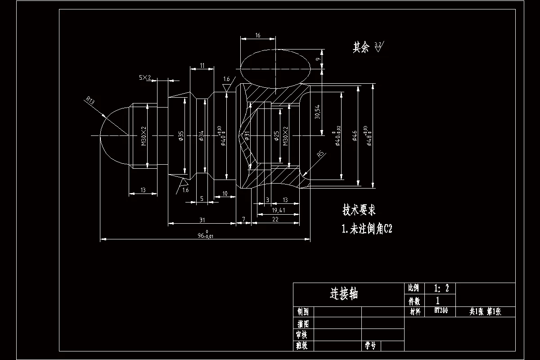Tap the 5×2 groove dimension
(145, 78)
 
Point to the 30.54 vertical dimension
(317, 111)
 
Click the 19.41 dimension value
(278, 210)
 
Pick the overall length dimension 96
(205, 235)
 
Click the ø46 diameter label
(355, 135)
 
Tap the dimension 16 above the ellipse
(257, 35)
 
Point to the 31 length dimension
(202, 220)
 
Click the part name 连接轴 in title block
(344, 294)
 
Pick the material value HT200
(441, 310)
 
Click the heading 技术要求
(359, 210)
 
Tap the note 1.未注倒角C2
(367, 229)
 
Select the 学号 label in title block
(370, 346)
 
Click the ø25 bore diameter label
(275, 135)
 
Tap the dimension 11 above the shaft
(202, 66)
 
